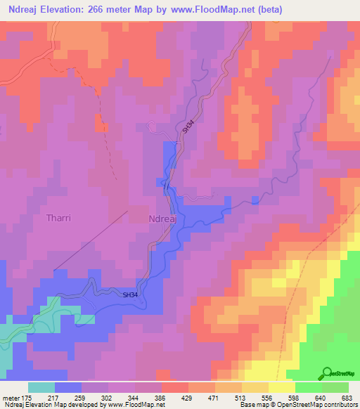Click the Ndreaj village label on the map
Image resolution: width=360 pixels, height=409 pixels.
point(167,219)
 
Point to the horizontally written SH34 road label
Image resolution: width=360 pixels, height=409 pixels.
point(131,295)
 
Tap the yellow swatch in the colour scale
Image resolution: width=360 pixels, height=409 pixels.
point(281,387)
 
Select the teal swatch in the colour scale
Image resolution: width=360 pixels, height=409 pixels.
point(41,387)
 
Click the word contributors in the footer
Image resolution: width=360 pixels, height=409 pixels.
point(340,405)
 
